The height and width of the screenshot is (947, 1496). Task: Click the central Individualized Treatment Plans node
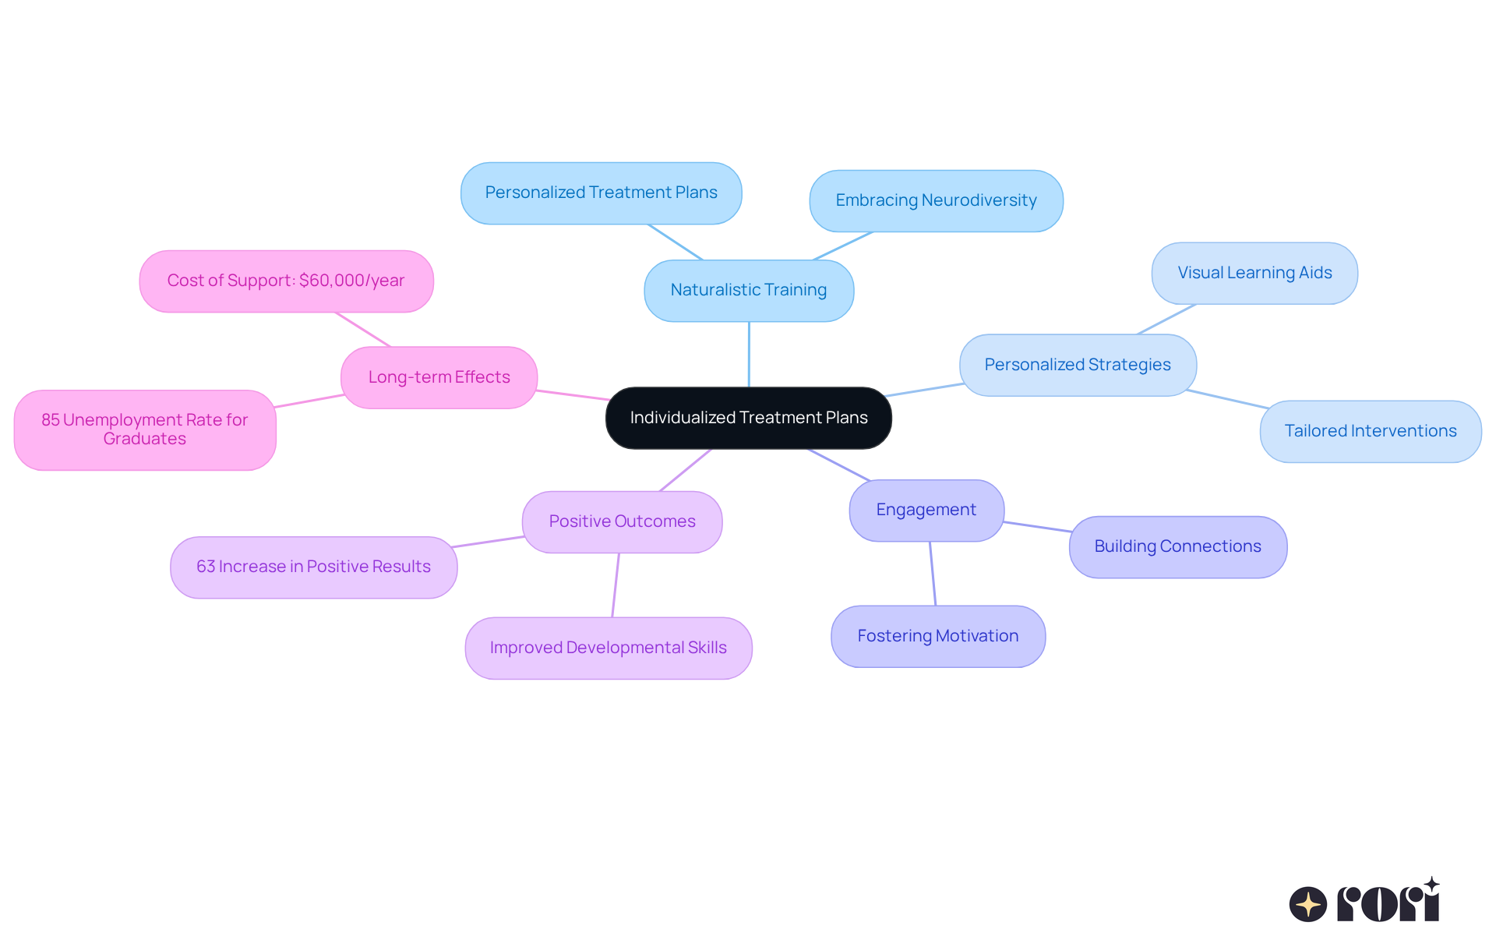click(748, 418)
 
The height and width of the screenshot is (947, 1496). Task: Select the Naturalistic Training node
click(748, 290)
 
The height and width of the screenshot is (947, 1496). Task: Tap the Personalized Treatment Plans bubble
click(601, 193)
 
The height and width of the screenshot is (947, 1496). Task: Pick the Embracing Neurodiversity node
click(936, 200)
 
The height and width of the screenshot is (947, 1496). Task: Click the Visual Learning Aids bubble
click(1254, 273)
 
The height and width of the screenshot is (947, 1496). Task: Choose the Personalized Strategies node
click(1078, 365)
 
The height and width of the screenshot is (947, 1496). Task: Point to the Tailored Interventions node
click(1370, 431)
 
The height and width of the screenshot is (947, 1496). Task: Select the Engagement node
click(926, 510)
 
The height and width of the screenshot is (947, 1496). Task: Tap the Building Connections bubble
click(1177, 546)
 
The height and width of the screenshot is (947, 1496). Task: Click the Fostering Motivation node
click(937, 636)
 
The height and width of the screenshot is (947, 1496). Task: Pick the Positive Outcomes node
click(622, 521)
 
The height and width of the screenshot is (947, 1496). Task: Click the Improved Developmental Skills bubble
click(608, 648)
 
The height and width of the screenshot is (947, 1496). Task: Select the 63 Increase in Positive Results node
click(313, 567)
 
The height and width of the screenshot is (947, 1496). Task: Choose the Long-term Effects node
click(439, 377)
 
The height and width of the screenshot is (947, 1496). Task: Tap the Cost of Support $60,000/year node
click(286, 281)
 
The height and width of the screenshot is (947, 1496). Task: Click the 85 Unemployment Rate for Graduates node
click(145, 429)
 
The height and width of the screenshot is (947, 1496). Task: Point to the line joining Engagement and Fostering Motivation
click(932, 574)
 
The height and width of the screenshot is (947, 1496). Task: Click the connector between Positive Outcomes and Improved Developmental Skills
click(616, 585)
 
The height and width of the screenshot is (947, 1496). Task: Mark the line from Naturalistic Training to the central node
click(749, 355)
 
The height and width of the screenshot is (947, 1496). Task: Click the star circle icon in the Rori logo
click(1307, 904)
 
